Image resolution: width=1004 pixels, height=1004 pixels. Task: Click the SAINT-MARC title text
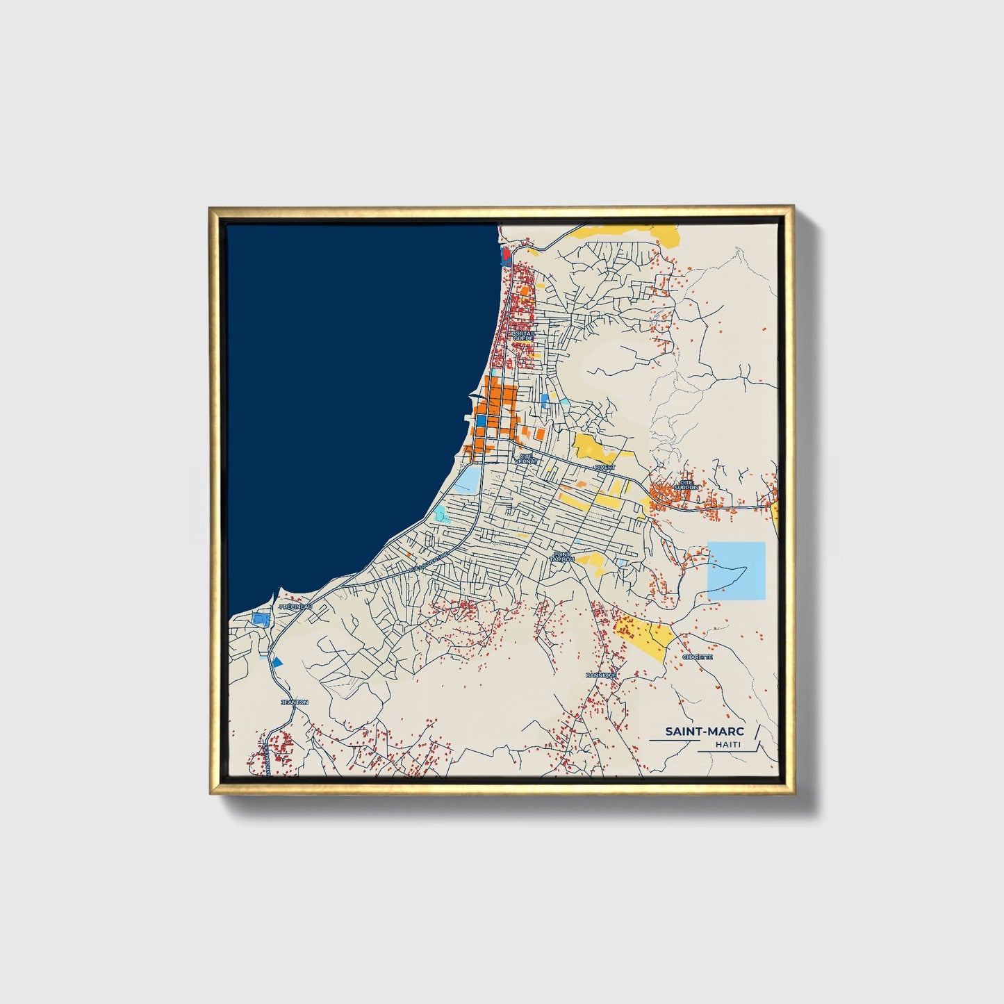[x=704, y=731]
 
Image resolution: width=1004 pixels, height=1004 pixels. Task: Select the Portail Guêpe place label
[x=523, y=336]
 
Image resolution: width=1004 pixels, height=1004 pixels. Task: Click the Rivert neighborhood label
[x=604, y=468]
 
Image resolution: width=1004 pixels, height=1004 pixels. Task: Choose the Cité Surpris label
[x=686, y=484]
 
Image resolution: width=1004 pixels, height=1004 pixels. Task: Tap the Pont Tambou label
[x=561, y=557]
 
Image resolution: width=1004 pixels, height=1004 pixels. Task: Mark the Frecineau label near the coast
[x=295, y=607]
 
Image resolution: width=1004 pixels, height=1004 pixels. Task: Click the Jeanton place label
[x=294, y=702]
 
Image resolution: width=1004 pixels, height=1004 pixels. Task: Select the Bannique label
[x=601, y=675]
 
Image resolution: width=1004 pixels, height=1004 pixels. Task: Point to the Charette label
[x=697, y=657]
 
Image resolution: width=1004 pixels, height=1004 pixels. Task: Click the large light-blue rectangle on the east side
[x=736, y=570]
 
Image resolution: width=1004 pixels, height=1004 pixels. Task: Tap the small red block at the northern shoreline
[x=506, y=255]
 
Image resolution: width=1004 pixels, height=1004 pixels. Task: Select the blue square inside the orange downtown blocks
[x=481, y=420]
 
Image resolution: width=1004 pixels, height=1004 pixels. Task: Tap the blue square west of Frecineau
[x=261, y=618]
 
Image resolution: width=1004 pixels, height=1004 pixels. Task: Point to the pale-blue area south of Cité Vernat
[x=466, y=479]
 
